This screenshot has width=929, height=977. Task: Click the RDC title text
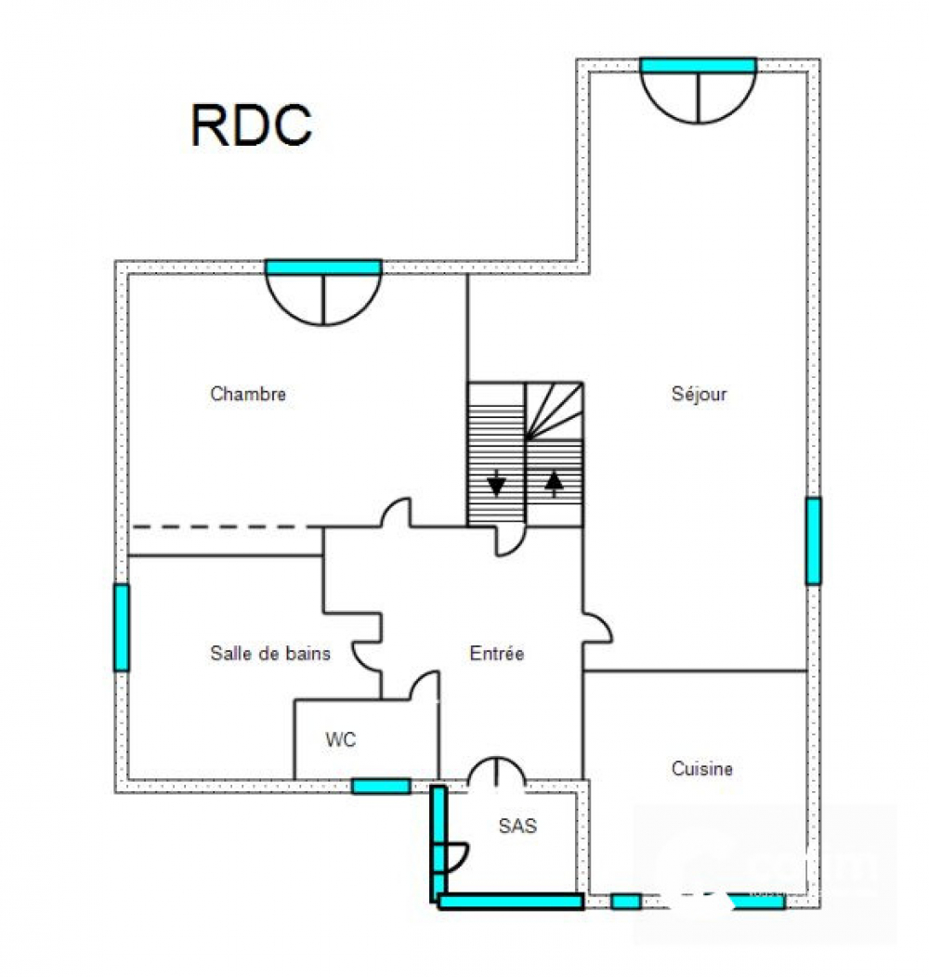click(x=251, y=125)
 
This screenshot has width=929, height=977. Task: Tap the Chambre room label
click(x=248, y=394)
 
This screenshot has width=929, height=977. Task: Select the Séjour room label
click(x=699, y=395)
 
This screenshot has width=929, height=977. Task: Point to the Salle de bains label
click(x=270, y=653)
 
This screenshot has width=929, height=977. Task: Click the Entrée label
click(x=496, y=653)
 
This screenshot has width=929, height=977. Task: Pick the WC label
click(x=340, y=739)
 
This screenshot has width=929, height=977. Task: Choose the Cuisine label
click(x=701, y=768)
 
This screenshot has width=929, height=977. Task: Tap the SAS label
click(x=517, y=826)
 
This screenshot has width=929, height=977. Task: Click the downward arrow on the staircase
click(x=496, y=483)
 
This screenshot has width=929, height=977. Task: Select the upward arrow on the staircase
click(x=555, y=483)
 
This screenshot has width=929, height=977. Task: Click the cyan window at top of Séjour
click(x=699, y=65)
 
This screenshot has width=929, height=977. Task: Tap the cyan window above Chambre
click(x=323, y=267)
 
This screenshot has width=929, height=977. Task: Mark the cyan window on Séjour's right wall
click(x=813, y=541)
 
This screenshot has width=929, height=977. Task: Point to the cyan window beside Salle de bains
click(x=122, y=628)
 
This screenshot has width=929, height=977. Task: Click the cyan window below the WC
click(x=381, y=787)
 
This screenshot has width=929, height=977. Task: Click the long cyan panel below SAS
click(x=511, y=901)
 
